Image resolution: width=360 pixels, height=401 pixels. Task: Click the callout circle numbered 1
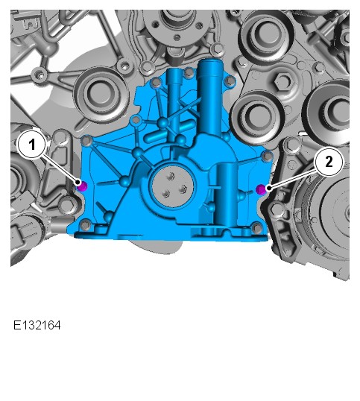pyautogui.click(x=32, y=145)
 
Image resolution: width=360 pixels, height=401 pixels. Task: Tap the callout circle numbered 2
pyautogui.click(x=329, y=162)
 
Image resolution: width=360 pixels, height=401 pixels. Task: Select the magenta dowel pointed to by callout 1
pyautogui.click(x=83, y=186)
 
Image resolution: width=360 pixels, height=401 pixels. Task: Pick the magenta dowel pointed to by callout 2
pyautogui.click(x=261, y=189)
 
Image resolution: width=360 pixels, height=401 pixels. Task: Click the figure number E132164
pyautogui.click(x=37, y=326)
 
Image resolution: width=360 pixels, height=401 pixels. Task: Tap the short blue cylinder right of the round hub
pyautogui.click(x=227, y=195)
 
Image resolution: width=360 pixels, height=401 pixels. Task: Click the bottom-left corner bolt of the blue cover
pyautogui.click(x=86, y=225)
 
